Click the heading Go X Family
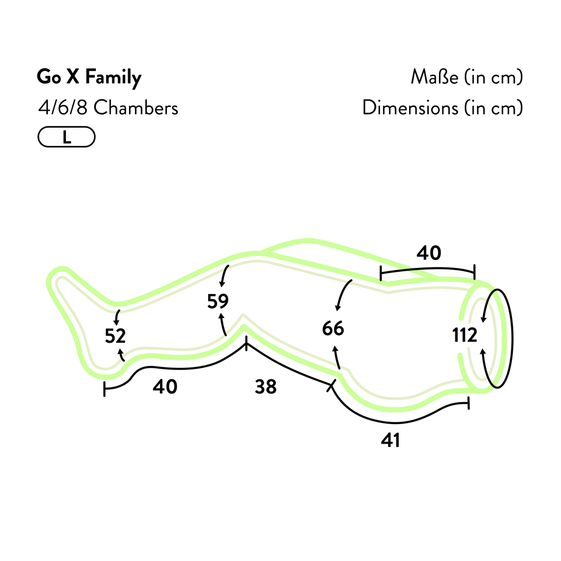click(89, 78)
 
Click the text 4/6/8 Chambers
click(108, 108)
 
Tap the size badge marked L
click(67, 137)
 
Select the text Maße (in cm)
click(467, 78)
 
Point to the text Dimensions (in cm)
click(443, 108)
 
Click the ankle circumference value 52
click(115, 336)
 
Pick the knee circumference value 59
click(218, 302)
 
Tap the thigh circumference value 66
click(333, 328)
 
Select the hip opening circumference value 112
click(465, 335)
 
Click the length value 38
click(266, 387)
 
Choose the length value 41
click(390, 440)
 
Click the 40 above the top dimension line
click(429, 253)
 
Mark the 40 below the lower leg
click(165, 387)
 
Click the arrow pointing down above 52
click(117, 317)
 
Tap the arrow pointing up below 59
click(223, 324)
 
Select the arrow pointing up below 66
click(337, 358)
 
